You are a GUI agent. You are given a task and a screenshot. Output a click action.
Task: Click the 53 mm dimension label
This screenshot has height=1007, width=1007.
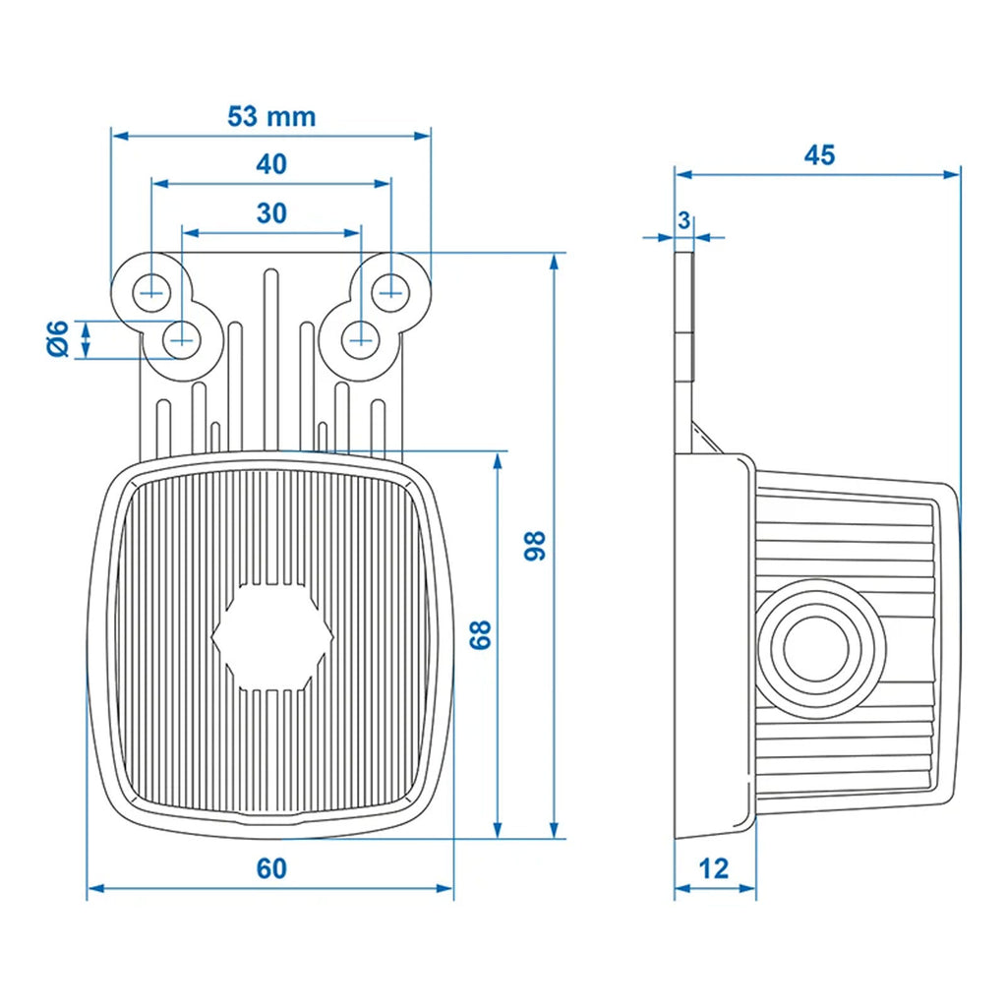click(x=271, y=117)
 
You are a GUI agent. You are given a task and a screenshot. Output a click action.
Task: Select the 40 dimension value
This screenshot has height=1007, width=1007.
click(x=271, y=164)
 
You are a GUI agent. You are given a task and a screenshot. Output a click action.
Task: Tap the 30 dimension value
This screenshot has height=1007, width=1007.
click(x=271, y=212)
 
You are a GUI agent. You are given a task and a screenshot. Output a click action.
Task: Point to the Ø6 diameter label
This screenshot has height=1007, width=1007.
click(x=58, y=339)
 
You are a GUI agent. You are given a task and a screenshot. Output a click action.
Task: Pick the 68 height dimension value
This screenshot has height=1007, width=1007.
click(x=480, y=635)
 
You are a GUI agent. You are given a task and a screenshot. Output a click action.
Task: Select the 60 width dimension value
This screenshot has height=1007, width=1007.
click(x=271, y=869)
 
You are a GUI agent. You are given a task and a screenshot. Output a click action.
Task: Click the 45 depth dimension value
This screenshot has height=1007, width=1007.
click(x=819, y=155)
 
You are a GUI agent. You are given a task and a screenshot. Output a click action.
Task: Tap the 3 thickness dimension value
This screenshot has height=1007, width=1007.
click(x=683, y=220)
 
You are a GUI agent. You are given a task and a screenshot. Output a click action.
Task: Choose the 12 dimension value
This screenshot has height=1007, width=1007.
click(x=715, y=869)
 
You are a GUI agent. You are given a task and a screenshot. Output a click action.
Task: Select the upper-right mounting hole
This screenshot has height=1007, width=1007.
click(x=391, y=289)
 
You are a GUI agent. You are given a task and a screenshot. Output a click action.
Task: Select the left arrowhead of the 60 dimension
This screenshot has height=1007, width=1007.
click(x=94, y=889)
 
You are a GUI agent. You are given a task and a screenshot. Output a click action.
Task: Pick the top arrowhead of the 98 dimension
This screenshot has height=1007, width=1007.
click(x=556, y=261)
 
